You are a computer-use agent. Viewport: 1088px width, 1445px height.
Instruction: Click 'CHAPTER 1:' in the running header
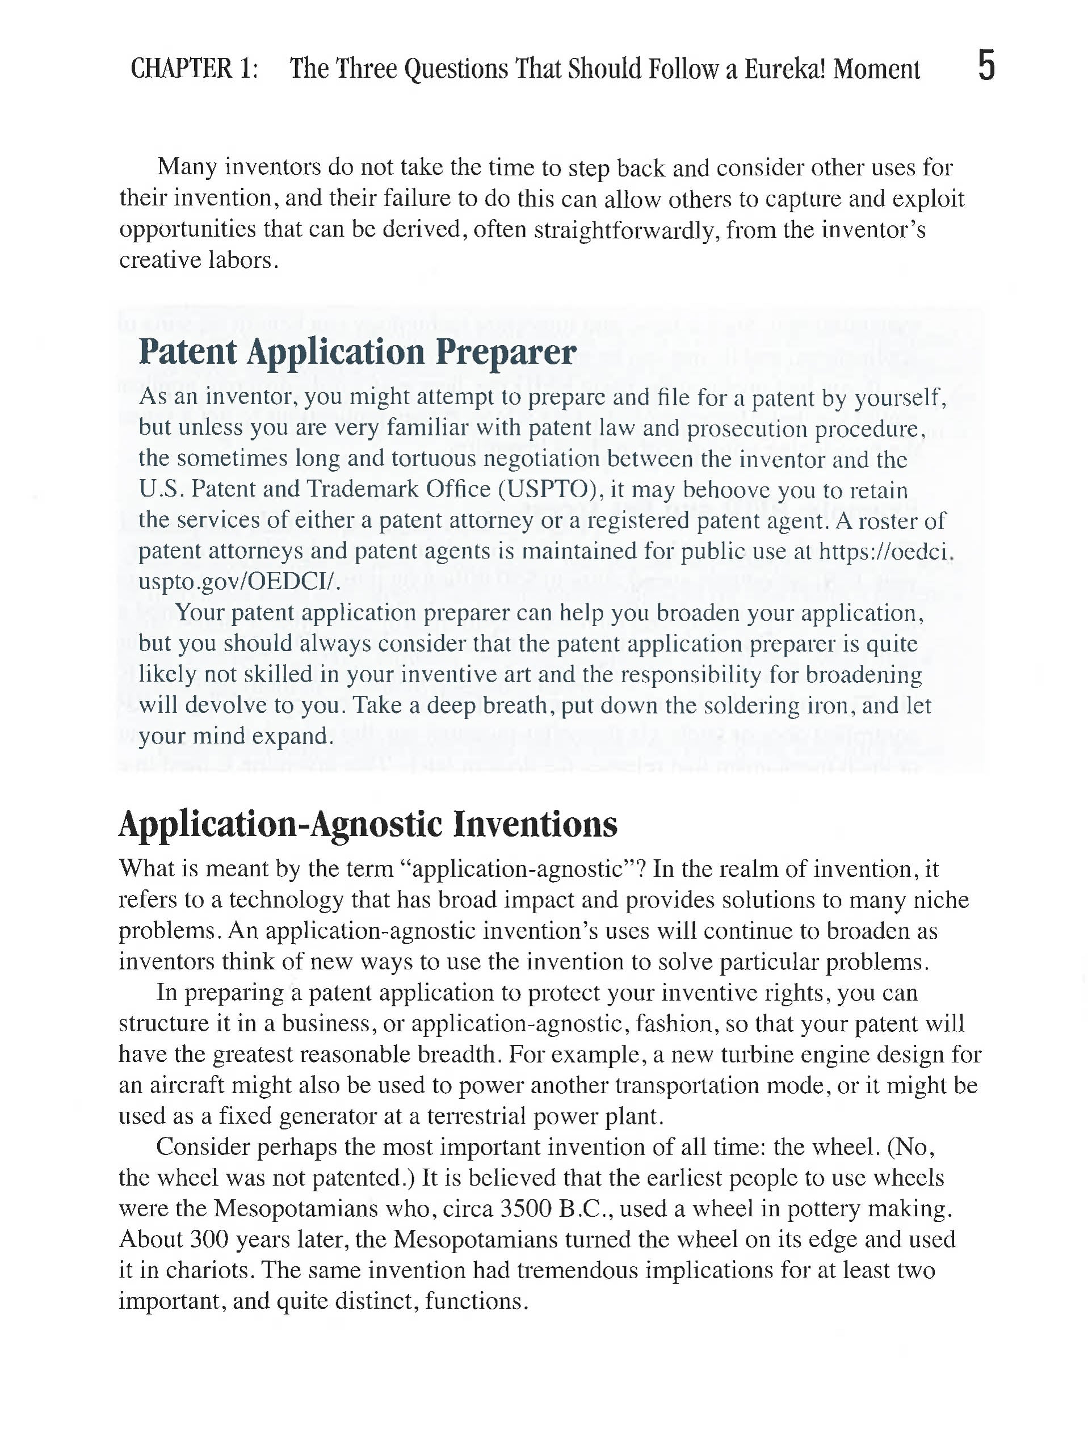[195, 69]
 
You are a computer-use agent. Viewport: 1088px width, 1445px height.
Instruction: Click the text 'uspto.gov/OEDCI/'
[239, 581]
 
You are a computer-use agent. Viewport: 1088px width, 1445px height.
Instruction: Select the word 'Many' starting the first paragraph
[187, 167]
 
